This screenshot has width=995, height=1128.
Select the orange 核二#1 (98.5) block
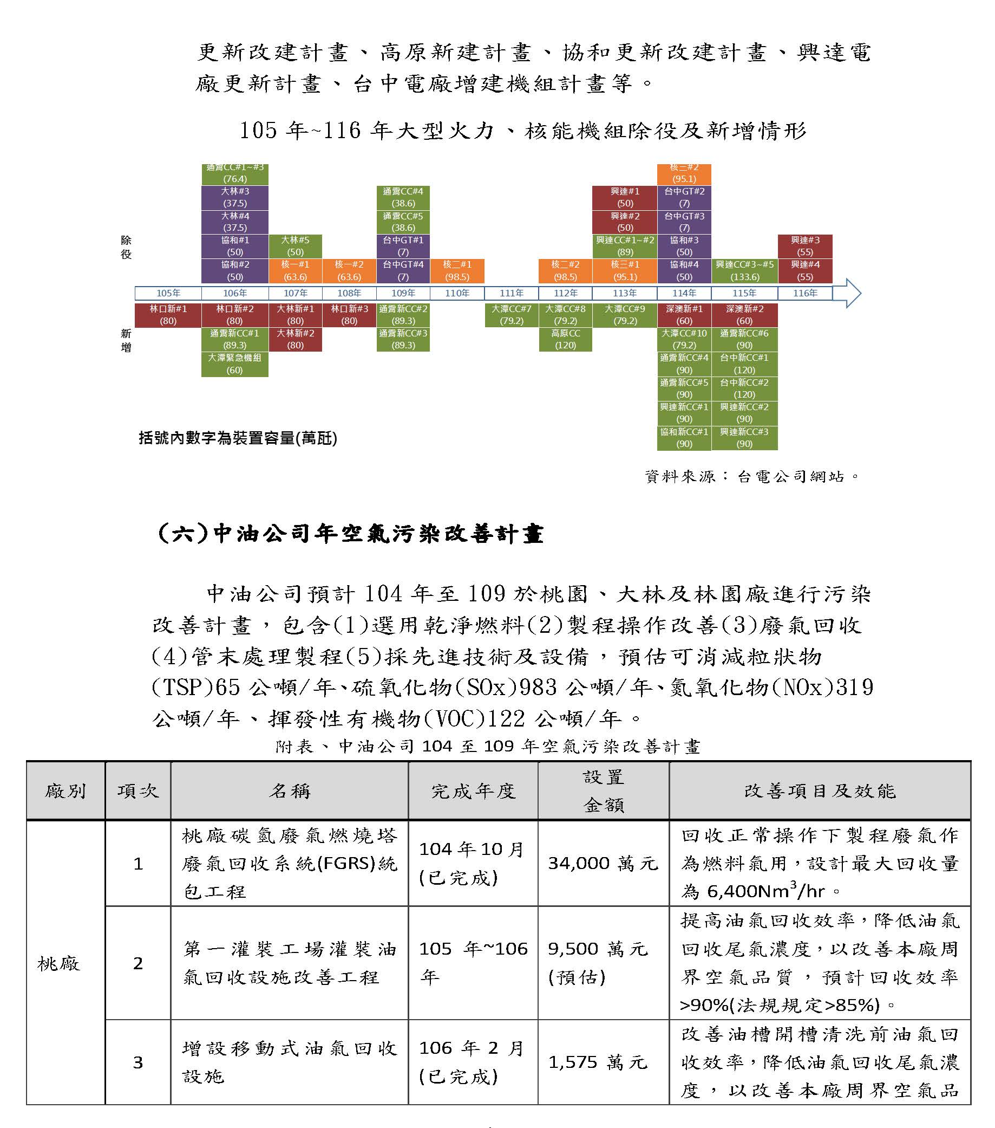(x=457, y=271)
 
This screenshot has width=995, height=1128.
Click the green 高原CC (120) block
(x=565, y=339)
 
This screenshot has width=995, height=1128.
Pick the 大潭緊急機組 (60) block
(x=234, y=364)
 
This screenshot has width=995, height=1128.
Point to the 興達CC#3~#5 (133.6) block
(x=744, y=271)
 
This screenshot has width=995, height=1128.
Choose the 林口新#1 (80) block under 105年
(x=168, y=315)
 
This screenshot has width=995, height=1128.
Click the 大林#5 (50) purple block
(x=295, y=246)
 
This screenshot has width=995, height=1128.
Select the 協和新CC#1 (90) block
(x=684, y=438)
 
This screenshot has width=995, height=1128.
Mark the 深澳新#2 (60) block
(x=744, y=315)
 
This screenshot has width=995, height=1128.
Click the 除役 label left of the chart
(x=126, y=247)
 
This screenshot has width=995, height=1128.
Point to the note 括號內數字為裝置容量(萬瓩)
(x=238, y=438)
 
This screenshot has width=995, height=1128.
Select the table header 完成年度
(x=473, y=792)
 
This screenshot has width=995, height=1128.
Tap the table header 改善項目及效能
(x=820, y=792)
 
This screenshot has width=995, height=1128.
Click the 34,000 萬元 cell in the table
(x=603, y=864)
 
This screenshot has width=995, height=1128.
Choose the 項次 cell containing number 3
(x=138, y=1062)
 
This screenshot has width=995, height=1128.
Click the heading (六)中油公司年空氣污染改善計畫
(x=351, y=534)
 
